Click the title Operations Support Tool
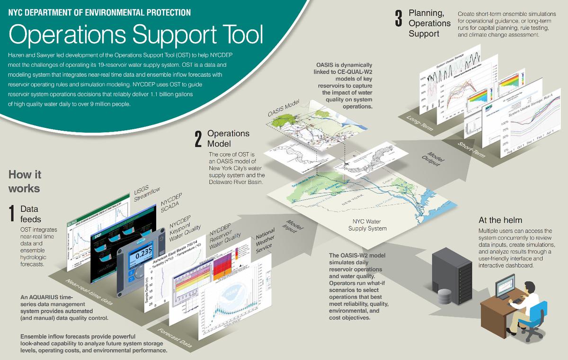coord(135,36)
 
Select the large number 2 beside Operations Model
coord(198,138)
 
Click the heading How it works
coord(24,181)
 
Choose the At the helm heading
coord(500,220)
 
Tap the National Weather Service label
coord(265,241)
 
